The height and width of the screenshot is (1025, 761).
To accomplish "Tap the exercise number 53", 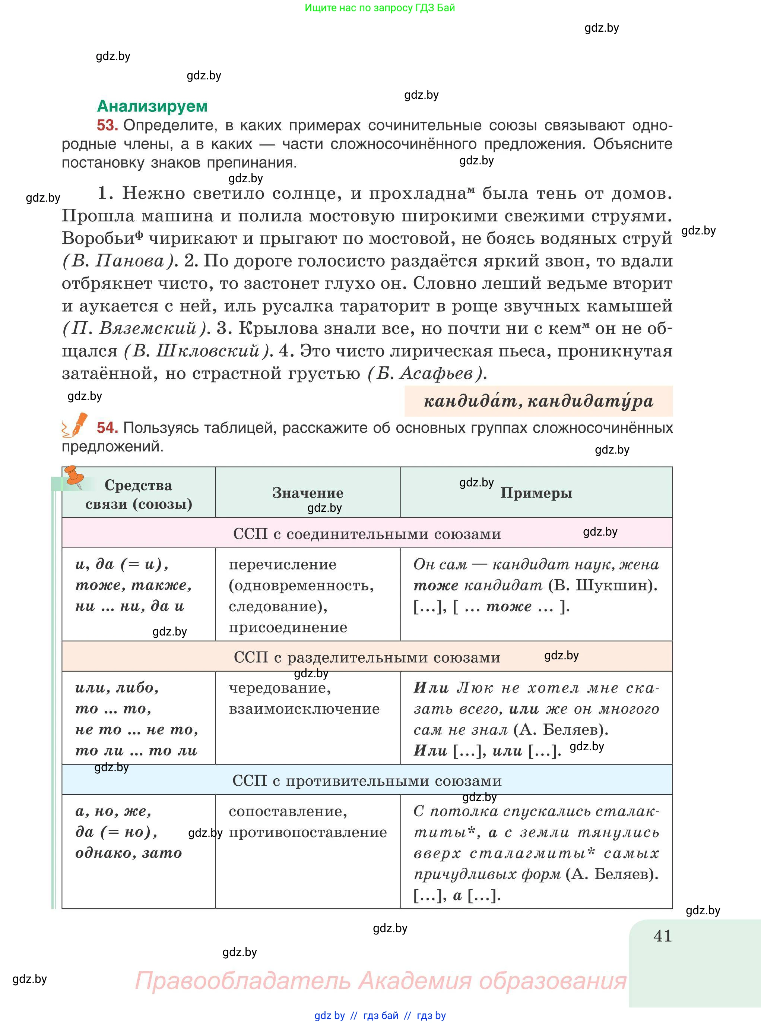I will tap(107, 125).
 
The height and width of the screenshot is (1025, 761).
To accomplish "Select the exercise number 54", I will tap(107, 428).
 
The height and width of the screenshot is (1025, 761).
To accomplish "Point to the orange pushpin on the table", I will tap(74, 477).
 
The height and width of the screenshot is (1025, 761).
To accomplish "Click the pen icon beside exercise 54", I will tap(75, 425).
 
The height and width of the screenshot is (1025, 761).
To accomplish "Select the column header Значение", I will tap(308, 493).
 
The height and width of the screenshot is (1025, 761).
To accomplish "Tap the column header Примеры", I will tap(536, 493).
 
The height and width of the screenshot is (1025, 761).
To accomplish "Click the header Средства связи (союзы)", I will tap(139, 494).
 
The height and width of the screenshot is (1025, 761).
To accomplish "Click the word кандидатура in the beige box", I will tap(590, 401).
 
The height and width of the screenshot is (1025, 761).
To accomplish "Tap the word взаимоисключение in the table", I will tap(304, 709).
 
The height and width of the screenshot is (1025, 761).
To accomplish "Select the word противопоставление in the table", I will tap(308, 832).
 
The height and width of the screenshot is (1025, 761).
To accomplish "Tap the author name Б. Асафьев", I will tap(427, 373).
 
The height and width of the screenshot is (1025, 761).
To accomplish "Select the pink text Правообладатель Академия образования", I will tap(381, 981).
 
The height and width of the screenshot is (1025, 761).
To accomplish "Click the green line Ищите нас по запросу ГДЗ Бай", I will tap(380, 8).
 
